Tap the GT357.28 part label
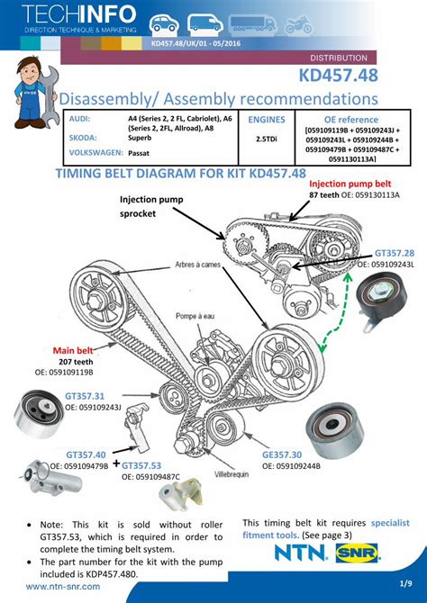[x=394, y=254]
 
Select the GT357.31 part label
[x=85, y=395]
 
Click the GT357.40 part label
[x=86, y=454]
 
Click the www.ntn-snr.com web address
[x=63, y=587]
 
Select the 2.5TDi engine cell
[x=266, y=139]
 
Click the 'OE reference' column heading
[x=352, y=119]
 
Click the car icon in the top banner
[x=163, y=24]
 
